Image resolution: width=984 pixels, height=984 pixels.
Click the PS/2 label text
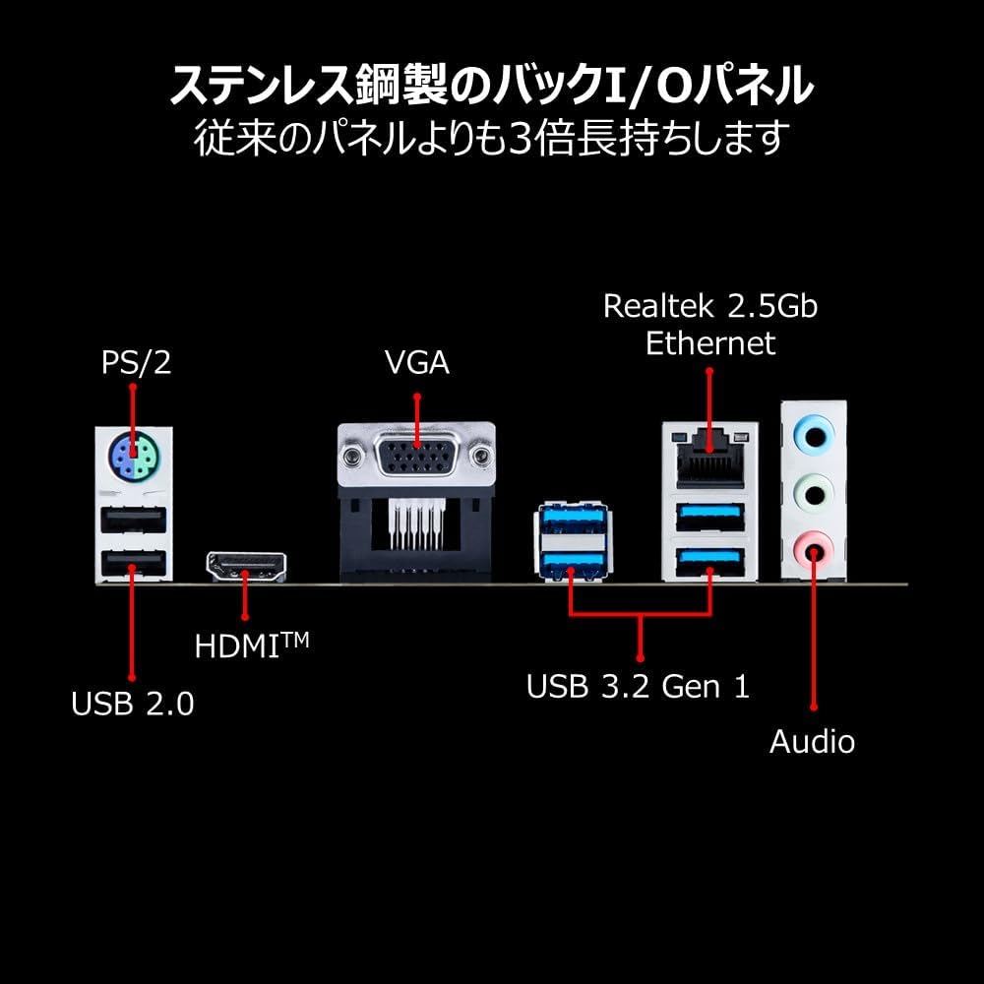[x=136, y=363]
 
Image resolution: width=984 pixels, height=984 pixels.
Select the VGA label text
[x=417, y=363]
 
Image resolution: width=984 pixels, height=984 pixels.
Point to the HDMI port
[x=247, y=567]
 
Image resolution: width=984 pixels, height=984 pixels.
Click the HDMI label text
[x=252, y=646]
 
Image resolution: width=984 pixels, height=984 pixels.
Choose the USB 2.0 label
[x=133, y=704]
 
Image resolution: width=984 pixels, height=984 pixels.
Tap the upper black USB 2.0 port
[x=133, y=520]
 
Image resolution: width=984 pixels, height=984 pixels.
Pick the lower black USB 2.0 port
[x=133, y=564]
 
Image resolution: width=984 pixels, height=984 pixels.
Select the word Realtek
[x=658, y=306]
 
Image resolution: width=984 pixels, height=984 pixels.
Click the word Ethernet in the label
[x=710, y=343]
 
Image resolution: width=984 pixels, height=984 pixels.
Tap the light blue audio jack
[x=814, y=436]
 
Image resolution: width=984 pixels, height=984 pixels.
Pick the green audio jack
[x=815, y=493]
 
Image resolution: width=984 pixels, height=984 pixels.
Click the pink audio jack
[x=814, y=550]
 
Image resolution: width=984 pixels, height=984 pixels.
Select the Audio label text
[x=812, y=742]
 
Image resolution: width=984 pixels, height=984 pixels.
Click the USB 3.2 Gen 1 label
[x=639, y=687]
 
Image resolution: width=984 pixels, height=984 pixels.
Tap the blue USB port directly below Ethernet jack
[x=709, y=518]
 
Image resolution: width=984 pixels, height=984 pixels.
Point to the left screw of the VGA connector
[x=351, y=454]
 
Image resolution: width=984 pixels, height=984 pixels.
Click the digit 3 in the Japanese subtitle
[x=521, y=138]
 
